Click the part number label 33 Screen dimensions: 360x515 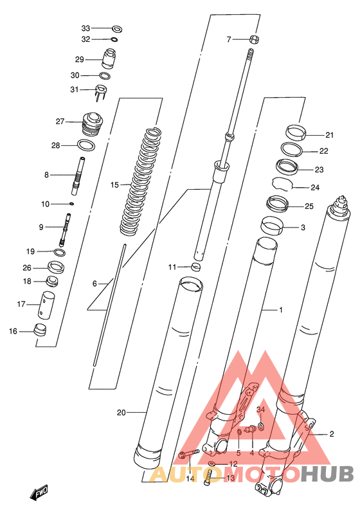pos(85,28)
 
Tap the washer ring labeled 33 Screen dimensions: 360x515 pos(117,29)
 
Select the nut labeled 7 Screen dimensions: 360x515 pos(254,39)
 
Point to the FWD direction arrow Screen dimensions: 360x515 pos(39,492)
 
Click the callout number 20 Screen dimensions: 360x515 pos(122,413)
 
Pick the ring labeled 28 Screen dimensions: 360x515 pos(86,145)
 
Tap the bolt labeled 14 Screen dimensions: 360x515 pos(188,455)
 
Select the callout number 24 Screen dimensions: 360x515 pos(315,188)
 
